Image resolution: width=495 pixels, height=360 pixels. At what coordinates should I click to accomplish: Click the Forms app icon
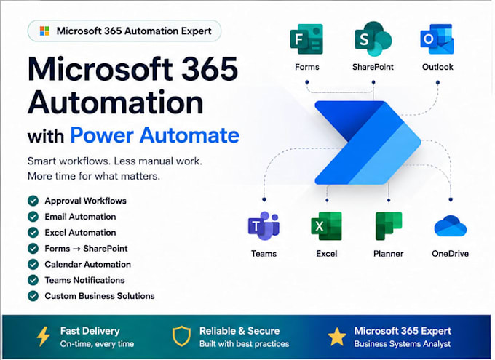pos(306,39)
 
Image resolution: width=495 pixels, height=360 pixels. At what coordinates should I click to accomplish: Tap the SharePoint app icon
pos(373,39)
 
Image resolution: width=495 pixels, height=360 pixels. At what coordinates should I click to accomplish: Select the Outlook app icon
pos(437,39)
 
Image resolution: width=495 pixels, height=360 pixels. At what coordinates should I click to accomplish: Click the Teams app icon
pos(264,225)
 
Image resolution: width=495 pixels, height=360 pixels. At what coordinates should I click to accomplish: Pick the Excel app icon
pos(326,226)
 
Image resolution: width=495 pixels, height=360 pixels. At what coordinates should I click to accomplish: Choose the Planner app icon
pos(389,226)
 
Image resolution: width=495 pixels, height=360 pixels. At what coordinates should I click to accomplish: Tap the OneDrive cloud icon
pos(451,226)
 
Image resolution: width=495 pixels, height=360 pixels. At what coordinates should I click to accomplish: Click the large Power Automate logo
pos(368,143)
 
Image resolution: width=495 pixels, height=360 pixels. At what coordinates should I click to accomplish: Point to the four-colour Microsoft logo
pos(44,31)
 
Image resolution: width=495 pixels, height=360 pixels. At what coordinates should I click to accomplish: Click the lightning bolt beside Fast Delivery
pos(43,337)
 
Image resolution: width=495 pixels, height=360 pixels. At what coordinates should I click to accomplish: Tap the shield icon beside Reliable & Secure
pos(181,336)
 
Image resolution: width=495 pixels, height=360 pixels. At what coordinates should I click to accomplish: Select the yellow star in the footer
pos(337,337)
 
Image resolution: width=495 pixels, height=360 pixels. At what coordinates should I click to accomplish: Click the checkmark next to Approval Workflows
pos(33,201)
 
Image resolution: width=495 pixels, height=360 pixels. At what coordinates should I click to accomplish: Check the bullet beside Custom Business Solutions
pos(33,296)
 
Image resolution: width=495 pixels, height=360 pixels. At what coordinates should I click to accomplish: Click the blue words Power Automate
pos(154,135)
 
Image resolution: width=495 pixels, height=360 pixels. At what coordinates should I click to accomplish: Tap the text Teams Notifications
pos(84,280)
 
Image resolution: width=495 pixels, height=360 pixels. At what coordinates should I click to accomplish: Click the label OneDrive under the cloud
pos(450,254)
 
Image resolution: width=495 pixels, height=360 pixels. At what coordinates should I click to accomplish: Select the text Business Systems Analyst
pos(403,344)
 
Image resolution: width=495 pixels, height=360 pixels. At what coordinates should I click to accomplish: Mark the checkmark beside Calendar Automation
pos(33,264)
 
